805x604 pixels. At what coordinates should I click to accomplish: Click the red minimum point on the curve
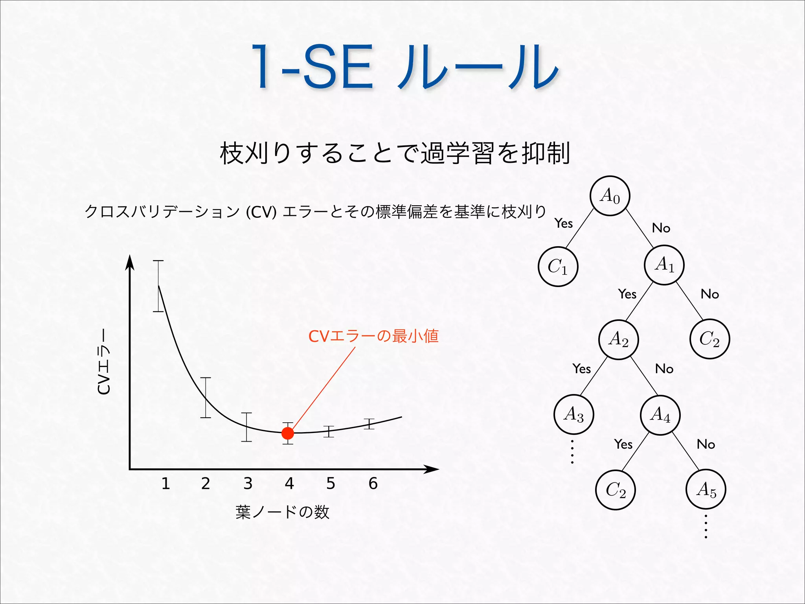point(288,433)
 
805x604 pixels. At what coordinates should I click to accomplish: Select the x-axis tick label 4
point(289,484)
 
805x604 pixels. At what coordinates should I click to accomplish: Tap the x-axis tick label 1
point(165,484)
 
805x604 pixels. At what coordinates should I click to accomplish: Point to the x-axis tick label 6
point(373,484)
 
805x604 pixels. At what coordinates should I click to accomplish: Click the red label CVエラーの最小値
point(373,336)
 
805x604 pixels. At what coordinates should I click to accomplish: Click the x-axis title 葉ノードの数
point(282,512)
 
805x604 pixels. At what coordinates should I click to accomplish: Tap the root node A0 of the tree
point(610,196)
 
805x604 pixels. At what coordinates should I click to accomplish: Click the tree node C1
point(558,267)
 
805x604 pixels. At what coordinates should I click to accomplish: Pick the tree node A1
point(664,265)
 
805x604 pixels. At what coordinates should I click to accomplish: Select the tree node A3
point(573,414)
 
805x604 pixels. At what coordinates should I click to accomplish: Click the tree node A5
point(706,490)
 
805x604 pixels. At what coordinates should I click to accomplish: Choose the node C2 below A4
point(616,490)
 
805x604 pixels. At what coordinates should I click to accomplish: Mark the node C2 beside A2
point(709,339)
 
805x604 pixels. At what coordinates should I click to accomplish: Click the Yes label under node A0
point(564,223)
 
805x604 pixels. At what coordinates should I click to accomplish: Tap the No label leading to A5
point(706,444)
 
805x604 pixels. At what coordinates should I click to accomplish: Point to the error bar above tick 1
point(158,286)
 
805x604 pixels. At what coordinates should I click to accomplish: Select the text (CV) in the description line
point(261,212)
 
